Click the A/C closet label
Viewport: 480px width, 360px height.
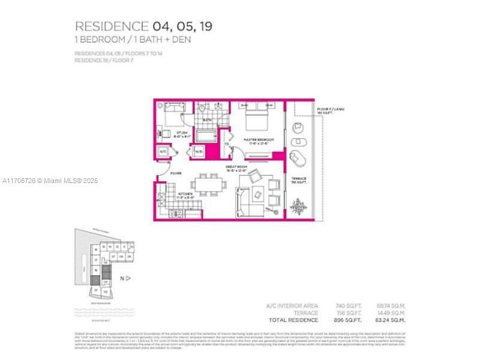point(163,152)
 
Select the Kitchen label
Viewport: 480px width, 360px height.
point(185,194)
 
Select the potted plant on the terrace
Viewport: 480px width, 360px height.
point(297,207)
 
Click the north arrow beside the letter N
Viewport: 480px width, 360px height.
point(128,278)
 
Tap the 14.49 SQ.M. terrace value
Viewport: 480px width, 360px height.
point(394,313)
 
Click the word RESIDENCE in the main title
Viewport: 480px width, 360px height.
point(111,26)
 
